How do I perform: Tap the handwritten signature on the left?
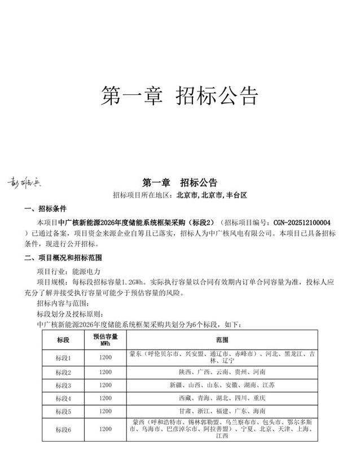click(x=24, y=182)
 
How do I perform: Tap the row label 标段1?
click(x=63, y=357)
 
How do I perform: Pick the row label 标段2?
click(x=63, y=372)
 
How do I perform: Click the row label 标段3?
click(x=63, y=385)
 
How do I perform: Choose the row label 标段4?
click(x=63, y=398)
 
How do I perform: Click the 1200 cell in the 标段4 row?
click(x=106, y=398)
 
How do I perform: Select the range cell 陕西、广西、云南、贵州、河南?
click(x=222, y=372)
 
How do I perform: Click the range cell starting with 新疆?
click(x=222, y=385)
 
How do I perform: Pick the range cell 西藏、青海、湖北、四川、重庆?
click(x=222, y=398)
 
